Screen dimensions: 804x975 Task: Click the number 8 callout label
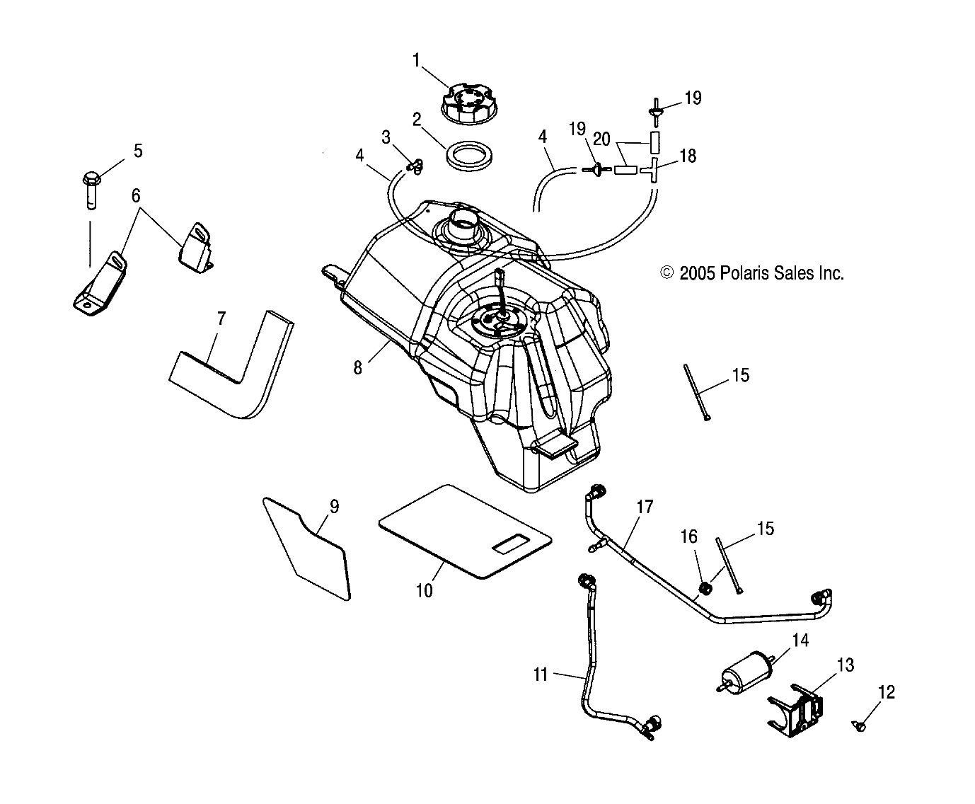click(x=358, y=368)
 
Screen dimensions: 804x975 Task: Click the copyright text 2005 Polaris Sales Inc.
click(x=751, y=273)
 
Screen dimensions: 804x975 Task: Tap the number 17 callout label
click(x=644, y=507)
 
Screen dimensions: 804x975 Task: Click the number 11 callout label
click(x=541, y=674)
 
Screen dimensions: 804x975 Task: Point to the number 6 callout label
click(x=137, y=196)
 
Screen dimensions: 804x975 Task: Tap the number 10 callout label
click(x=424, y=590)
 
